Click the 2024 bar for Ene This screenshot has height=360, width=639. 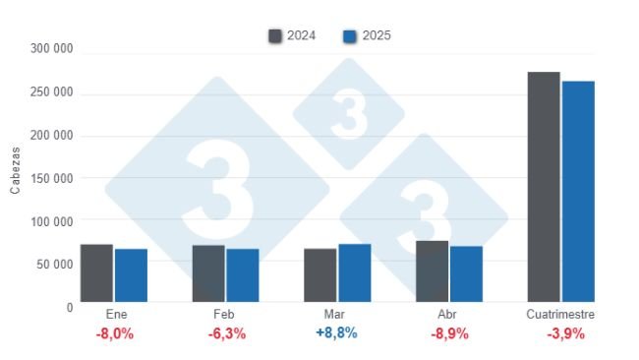pyautogui.click(x=96, y=272)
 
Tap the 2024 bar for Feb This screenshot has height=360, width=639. pyautogui.click(x=208, y=273)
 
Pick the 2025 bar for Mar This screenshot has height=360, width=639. pyautogui.click(x=354, y=272)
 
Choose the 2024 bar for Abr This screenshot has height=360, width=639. pyautogui.click(x=432, y=270)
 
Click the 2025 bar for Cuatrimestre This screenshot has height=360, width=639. pyautogui.click(x=578, y=191)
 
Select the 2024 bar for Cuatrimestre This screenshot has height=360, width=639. pyautogui.click(x=544, y=186)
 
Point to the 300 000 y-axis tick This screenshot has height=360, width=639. pyautogui.click(x=51, y=48)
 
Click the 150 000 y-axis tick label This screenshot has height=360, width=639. pyautogui.click(x=51, y=178)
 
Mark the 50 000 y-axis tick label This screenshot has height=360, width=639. pyautogui.click(x=55, y=265)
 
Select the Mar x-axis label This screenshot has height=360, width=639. pyautogui.click(x=336, y=315)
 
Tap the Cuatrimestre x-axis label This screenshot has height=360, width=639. pyautogui.click(x=560, y=315)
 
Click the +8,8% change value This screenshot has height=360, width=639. pyautogui.click(x=336, y=333)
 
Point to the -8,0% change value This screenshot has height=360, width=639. pyautogui.click(x=114, y=333)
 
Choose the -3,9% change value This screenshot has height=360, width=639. pyautogui.click(x=564, y=333)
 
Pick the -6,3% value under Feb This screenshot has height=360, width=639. pyautogui.click(x=226, y=333)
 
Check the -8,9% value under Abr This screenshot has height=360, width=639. pyautogui.click(x=449, y=333)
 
